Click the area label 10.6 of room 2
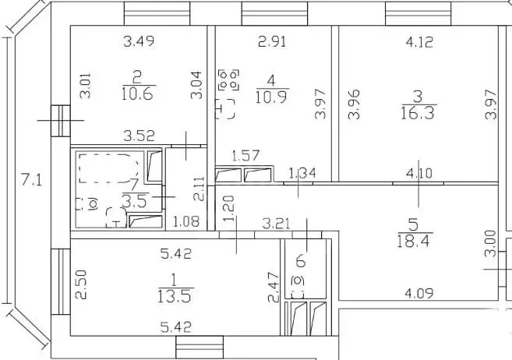click(x=137, y=94)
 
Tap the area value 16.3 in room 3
click(x=418, y=113)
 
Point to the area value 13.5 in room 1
click(x=174, y=297)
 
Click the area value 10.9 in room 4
click(x=272, y=97)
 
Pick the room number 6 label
click(x=300, y=262)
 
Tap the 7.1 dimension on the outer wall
click(x=32, y=180)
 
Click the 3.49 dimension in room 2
click(x=139, y=41)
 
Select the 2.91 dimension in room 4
click(x=272, y=41)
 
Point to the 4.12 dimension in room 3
click(x=419, y=42)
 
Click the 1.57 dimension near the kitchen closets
click(x=245, y=156)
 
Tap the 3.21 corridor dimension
click(x=276, y=224)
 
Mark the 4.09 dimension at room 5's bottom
click(x=419, y=294)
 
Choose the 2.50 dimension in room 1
click(x=81, y=284)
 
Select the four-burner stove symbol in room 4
click(x=228, y=79)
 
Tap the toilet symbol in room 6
click(x=298, y=284)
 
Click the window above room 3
click(x=418, y=13)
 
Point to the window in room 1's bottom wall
click(x=200, y=348)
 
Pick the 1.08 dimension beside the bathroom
click(x=185, y=222)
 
